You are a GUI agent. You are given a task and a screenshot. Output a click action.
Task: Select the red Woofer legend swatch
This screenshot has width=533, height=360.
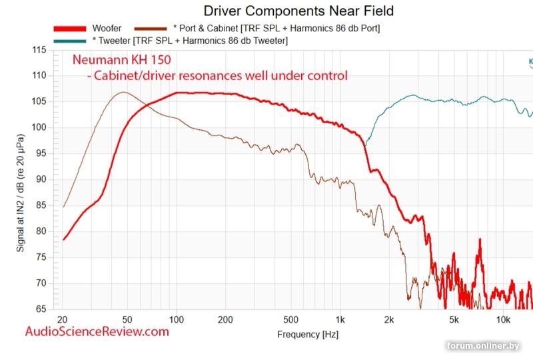70,29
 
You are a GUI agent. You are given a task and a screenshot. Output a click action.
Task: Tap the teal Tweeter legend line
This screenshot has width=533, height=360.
70,41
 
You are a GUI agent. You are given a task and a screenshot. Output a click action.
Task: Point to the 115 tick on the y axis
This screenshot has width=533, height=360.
39,51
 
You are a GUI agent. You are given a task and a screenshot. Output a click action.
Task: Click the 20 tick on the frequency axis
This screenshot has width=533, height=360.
63,319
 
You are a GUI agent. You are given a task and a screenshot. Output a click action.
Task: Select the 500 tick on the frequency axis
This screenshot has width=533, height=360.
290,319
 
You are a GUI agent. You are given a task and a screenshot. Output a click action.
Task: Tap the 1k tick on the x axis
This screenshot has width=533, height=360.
340,319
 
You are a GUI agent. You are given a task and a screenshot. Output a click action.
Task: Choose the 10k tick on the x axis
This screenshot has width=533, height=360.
504,319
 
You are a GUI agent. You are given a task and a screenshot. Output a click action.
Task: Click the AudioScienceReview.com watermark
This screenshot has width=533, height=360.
97,331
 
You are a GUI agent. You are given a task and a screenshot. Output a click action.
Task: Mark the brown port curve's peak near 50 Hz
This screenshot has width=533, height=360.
123,93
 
